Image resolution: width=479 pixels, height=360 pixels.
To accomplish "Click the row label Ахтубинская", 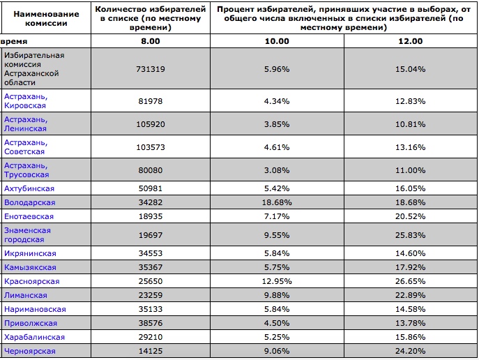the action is (29, 188).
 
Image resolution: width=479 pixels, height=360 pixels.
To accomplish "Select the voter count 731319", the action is (151, 69).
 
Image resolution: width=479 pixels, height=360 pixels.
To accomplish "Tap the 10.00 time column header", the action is (277, 41).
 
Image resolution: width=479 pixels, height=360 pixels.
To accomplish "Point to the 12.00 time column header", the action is (410, 41).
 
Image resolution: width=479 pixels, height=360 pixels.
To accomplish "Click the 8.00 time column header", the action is (151, 41).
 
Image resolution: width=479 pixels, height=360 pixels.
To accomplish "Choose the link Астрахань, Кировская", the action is (26, 101).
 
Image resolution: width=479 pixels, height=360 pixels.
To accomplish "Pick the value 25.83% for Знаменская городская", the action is (410, 235).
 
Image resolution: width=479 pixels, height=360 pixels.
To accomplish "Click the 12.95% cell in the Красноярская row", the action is (277, 281).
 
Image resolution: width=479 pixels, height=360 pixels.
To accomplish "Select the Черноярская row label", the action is (29, 351).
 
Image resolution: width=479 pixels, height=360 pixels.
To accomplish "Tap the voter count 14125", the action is (151, 351).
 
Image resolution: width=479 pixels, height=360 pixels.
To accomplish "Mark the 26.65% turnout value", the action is (410, 281).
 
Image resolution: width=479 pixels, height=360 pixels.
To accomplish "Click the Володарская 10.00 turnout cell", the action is (277, 202).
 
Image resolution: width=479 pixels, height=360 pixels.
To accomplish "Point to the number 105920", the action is (151, 124).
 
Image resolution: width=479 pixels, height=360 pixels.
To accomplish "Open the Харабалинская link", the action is (34, 337).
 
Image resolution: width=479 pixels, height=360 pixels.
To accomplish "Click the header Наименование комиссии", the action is (46, 18).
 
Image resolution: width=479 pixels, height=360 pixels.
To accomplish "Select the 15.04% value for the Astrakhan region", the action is (410, 69).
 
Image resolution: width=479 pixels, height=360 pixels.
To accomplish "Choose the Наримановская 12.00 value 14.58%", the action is (410, 309).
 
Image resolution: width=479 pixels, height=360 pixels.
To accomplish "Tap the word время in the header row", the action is (14, 41).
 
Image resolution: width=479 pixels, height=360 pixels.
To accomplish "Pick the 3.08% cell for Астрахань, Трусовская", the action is (277, 170).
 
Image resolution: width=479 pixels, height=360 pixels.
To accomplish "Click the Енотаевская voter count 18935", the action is (151, 216).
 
